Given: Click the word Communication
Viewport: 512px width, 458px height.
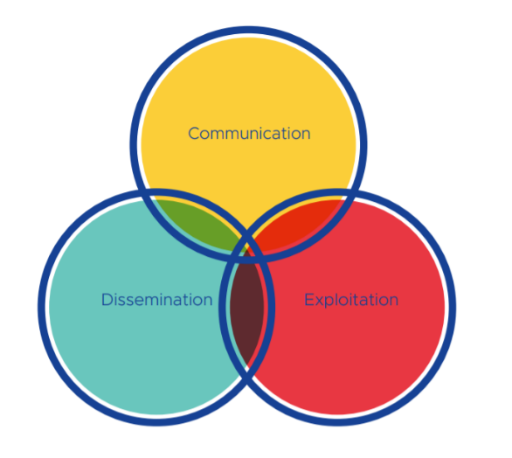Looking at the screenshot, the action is click(249, 134).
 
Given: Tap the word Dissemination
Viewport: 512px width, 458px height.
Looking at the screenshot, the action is click(156, 300).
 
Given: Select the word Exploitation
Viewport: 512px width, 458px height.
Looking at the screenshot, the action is click(351, 300).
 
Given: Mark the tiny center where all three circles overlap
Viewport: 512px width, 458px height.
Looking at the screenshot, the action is click(247, 251).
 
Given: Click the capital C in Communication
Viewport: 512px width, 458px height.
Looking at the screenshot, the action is click(194, 134).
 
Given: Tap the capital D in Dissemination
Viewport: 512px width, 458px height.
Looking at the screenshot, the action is click(107, 300).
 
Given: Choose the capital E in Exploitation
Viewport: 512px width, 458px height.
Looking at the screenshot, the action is click(309, 300).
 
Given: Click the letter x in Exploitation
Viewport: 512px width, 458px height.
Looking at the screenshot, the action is click(319, 302).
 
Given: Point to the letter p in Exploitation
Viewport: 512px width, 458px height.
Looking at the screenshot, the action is click(329, 302).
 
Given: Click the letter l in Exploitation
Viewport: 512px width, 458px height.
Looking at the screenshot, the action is click(337, 299).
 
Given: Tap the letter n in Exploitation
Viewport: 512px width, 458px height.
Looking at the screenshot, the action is click(393, 302).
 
